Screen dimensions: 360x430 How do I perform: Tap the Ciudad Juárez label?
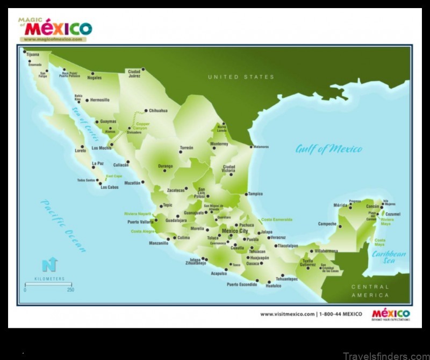click(x=134, y=73)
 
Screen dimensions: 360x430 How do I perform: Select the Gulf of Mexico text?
click(x=328, y=149)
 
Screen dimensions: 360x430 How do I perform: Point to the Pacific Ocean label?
click(x=63, y=225)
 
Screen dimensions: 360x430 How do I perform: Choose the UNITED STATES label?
click(x=241, y=77)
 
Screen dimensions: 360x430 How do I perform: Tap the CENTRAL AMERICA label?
click(x=370, y=291)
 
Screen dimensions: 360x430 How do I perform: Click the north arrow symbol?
click(x=49, y=264)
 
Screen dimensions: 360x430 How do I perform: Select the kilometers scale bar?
click(x=48, y=284)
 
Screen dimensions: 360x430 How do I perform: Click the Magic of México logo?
click(x=56, y=29)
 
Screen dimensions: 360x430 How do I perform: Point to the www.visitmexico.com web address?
click(x=288, y=314)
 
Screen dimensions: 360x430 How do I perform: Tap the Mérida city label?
click(x=340, y=205)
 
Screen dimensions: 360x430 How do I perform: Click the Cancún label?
click(x=373, y=207)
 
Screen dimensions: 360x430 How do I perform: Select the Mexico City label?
click(x=234, y=231)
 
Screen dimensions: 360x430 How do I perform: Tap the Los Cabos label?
click(x=109, y=187)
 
